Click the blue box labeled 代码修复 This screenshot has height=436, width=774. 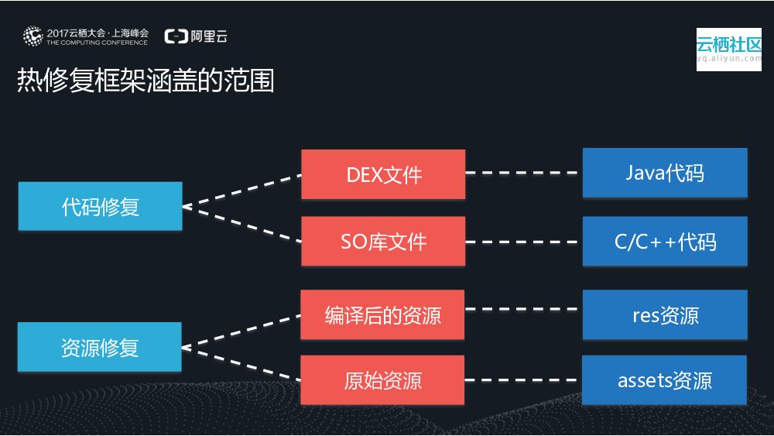(100, 206)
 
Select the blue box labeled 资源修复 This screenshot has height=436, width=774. (100, 347)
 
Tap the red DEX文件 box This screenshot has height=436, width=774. (383, 174)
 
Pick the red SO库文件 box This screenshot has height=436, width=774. (383, 242)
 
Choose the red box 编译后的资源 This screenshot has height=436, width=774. (382, 314)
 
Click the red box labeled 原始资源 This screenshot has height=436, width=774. (382, 380)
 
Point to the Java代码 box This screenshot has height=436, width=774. (665, 172)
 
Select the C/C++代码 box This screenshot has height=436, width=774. (665, 242)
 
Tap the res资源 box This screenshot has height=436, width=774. (665, 314)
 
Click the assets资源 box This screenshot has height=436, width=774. (664, 380)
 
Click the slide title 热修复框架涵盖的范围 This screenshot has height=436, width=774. (146, 81)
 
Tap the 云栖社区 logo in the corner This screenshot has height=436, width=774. (728, 50)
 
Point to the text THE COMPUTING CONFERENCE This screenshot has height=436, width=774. (97, 43)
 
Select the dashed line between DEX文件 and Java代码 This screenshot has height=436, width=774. (523, 173)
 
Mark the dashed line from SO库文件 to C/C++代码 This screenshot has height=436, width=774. (523, 242)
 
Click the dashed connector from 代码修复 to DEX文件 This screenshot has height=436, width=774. (241, 191)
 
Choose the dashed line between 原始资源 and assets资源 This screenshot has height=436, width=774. (523, 380)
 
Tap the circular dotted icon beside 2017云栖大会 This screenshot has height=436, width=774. (33, 36)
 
